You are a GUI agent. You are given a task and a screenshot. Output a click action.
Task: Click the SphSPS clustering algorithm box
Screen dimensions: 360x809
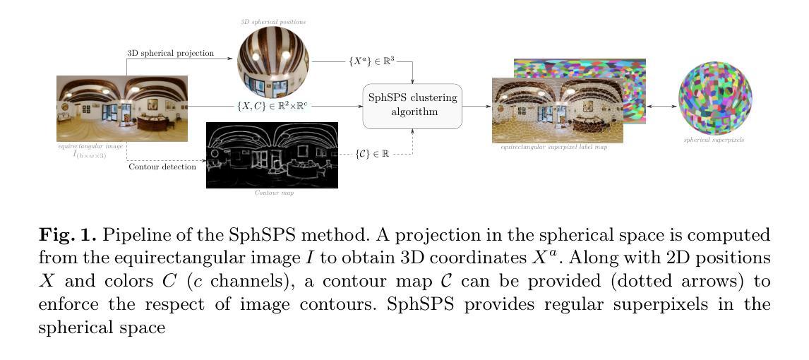pos(412,105)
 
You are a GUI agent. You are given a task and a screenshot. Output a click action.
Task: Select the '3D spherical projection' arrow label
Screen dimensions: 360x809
pos(170,53)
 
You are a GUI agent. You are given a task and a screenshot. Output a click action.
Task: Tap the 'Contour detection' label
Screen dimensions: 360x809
pos(162,167)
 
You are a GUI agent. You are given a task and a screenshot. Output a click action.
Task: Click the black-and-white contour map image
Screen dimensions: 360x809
pos(272,155)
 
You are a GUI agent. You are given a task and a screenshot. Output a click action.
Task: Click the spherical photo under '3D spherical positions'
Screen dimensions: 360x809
pos(272,63)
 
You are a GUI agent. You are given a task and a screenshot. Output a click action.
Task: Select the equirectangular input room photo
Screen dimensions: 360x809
pos(122,108)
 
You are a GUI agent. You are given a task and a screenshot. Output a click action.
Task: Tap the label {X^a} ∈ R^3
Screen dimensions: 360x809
pos(371,61)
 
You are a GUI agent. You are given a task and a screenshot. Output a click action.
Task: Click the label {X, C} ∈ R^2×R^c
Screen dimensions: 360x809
pos(272,106)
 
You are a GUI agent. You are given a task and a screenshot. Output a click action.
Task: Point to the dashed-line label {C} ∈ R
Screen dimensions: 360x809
pos(372,153)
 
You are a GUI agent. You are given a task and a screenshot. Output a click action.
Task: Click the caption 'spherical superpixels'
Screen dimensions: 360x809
pos(714,140)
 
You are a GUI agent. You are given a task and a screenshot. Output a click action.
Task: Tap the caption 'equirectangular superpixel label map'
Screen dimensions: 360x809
pos(553,147)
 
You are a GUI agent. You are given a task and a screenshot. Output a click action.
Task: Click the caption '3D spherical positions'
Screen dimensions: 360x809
pos(272,22)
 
